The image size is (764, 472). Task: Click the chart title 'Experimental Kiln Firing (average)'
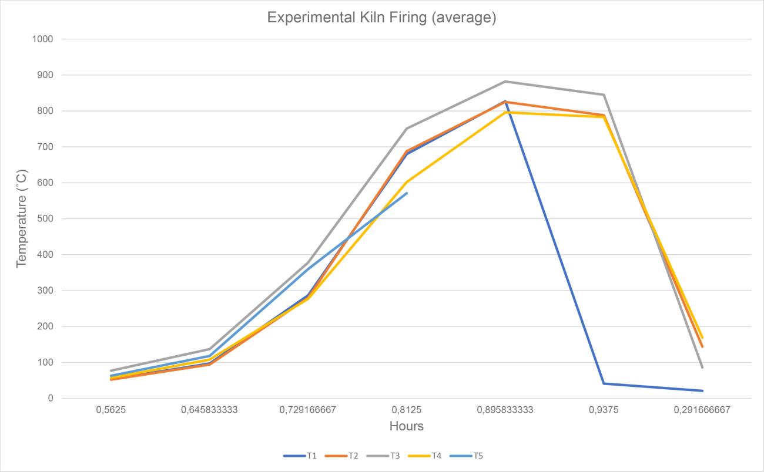pyautogui.click(x=381, y=18)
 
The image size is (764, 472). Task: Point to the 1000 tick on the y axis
pyautogui.click(x=43, y=39)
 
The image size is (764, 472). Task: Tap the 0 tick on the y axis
pyautogui.click(x=51, y=398)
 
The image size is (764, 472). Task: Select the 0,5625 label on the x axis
pyautogui.click(x=111, y=410)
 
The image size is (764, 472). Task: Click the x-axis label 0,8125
pyautogui.click(x=407, y=410)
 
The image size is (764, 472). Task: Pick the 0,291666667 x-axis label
pyautogui.click(x=702, y=410)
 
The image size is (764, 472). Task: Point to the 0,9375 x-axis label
pyautogui.click(x=604, y=410)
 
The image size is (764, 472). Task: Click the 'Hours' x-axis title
pyautogui.click(x=407, y=426)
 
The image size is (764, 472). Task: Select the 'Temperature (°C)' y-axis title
pyautogui.click(x=22, y=218)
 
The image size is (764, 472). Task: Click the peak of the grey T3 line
pyautogui.click(x=505, y=82)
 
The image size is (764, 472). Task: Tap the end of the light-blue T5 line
pyautogui.click(x=407, y=193)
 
